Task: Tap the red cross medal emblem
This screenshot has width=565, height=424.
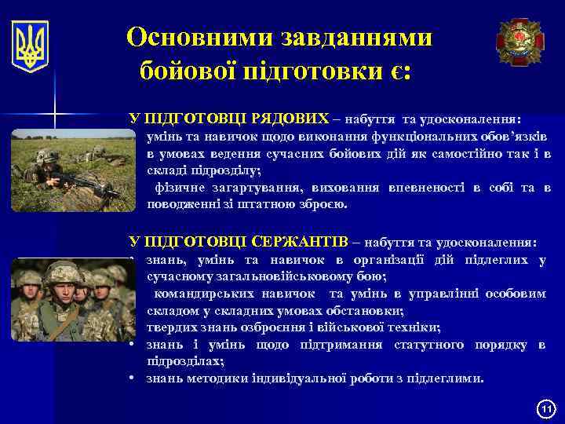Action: coord(520,42)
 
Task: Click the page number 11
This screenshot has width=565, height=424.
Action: coord(545,409)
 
